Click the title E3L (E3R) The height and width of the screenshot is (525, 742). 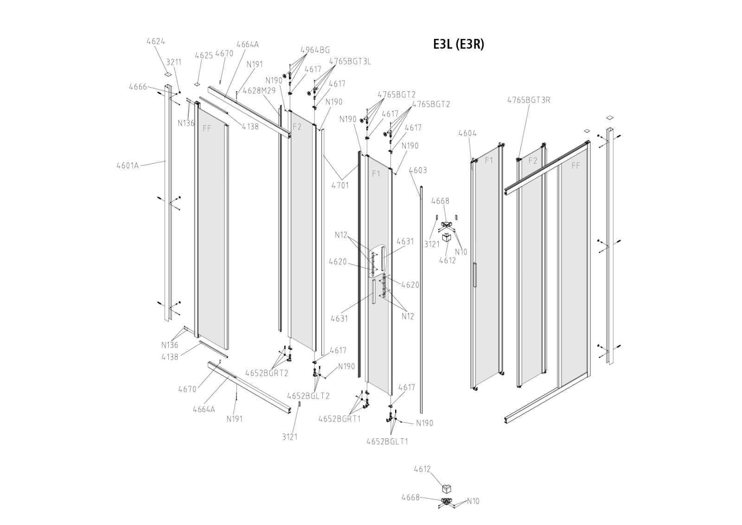click(458, 44)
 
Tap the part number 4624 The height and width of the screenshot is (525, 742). click(156, 41)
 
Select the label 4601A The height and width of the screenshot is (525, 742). click(128, 166)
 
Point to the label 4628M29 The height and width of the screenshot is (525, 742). click(259, 90)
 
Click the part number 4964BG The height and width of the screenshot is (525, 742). click(315, 50)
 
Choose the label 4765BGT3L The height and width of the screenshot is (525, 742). click(350, 61)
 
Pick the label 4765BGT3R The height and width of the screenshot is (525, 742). click(528, 100)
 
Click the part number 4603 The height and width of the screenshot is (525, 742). click(418, 171)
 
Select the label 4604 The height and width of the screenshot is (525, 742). click(467, 134)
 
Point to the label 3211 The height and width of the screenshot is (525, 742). click(174, 62)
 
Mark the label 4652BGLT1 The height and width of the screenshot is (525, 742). click(387, 442)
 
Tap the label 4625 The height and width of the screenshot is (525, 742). click(204, 55)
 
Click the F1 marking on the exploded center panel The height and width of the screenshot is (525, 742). click(376, 174)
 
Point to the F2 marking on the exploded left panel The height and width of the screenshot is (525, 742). click(297, 127)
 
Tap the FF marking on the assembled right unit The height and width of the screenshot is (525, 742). click(576, 166)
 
